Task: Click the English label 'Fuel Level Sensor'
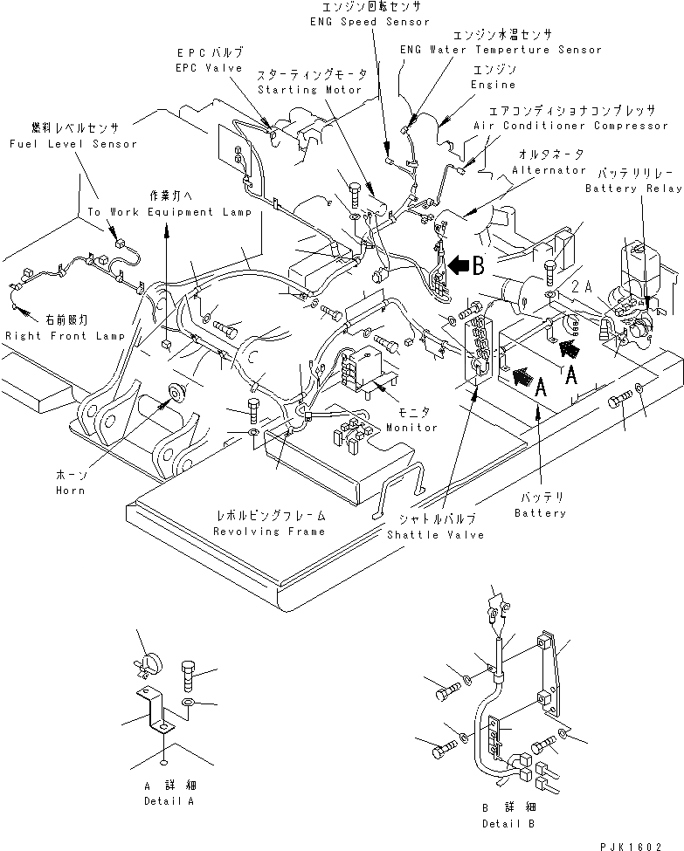(73, 144)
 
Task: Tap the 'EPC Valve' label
(209, 68)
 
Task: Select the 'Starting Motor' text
(309, 90)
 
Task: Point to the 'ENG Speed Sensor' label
(370, 22)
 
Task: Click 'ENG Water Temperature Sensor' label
(501, 50)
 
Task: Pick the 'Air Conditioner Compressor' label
(571, 126)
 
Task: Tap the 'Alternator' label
(549, 170)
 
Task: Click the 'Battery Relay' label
(633, 189)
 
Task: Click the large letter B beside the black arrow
(478, 265)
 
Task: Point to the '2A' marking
(581, 286)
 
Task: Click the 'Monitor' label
(411, 427)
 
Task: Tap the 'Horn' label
(71, 490)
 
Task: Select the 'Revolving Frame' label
(269, 532)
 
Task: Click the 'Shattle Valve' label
(435, 534)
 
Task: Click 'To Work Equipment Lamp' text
(170, 212)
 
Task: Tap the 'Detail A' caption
(169, 800)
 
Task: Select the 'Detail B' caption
(508, 823)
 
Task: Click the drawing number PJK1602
(632, 846)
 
